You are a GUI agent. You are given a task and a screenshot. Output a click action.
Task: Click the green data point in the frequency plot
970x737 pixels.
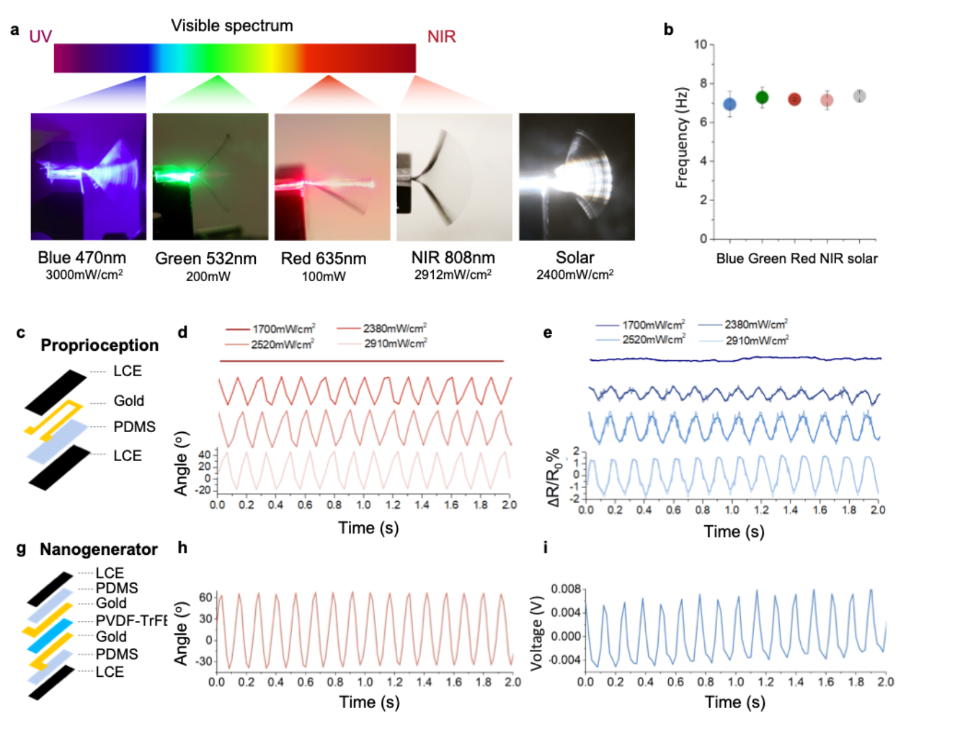[x=762, y=97]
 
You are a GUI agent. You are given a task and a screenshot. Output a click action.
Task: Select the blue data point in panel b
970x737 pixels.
[x=730, y=104]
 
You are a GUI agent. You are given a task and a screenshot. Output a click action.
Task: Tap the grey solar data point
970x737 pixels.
[x=860, y=96]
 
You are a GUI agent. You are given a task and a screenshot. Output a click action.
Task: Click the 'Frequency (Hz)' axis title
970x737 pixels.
[x=682, y=138]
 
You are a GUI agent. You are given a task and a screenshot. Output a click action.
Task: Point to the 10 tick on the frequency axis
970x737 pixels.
[x=700, y=45]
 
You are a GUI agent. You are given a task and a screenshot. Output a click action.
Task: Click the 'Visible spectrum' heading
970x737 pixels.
[x=232, y=26]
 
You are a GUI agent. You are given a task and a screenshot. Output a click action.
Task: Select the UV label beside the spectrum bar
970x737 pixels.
[x=41, y=37]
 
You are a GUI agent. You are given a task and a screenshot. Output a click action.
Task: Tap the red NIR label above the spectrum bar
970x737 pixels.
[x=441, y=37]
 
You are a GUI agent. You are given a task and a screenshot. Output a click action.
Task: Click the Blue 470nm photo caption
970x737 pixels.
[x=82, y=258]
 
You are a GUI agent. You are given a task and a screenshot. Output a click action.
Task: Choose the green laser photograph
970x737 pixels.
[x=210, y=177]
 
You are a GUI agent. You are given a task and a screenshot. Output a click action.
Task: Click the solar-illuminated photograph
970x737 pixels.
[x=576, y=177]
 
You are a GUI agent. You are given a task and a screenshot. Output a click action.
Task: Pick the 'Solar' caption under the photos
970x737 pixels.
[x=575, y=258]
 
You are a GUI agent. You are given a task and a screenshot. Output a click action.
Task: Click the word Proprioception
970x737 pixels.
[x=100, y=345]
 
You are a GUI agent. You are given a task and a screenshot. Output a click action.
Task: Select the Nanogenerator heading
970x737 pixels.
[x=98, y=550]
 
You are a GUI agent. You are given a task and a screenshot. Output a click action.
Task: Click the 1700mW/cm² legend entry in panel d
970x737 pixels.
[x=283, y=329]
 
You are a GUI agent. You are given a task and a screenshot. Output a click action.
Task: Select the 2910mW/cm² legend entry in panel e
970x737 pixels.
[x=757, y=340]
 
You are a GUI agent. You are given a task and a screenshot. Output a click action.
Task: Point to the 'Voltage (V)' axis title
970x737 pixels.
[x=536, y=637]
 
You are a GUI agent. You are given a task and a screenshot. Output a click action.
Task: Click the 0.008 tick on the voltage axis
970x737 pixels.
[x=566, y=590]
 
